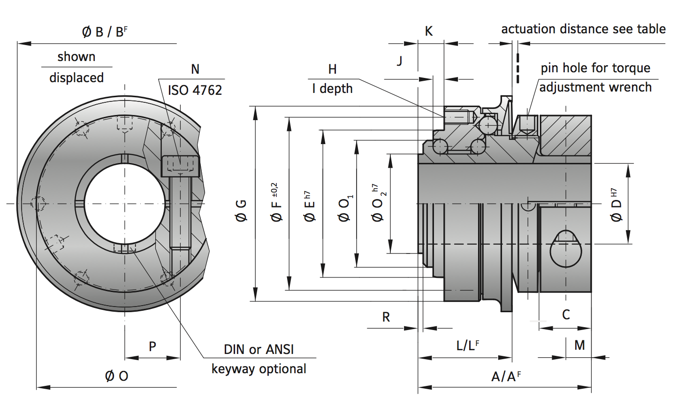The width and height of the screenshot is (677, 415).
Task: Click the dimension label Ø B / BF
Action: [x=104, y=32]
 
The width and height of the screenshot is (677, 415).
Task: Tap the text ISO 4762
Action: [x=195, y=90]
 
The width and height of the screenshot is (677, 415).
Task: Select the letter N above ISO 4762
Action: [x=195, y=69]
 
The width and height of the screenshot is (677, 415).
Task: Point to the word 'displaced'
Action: [x=76, y=77]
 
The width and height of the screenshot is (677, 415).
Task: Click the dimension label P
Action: [x=152, y=346]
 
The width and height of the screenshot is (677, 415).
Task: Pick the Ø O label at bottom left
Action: [x=116, y=376]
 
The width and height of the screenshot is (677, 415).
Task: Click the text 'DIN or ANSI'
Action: [x=259, y=349]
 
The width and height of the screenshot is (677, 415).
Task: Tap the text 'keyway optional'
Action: [x=259, y=369]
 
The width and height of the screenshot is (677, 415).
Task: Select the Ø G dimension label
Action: [x=241, y=210]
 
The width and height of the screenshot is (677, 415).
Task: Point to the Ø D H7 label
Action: [x=616, y=205]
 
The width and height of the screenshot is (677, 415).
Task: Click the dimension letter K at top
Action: [x=428, y=31]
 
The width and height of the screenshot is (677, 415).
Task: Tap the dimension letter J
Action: [x=399, y=61]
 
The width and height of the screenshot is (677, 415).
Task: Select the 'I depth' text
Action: [x=332, y=89]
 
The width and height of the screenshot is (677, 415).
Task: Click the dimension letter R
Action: [x=386, y=317]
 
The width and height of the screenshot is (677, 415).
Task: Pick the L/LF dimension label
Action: [x=467, y=346]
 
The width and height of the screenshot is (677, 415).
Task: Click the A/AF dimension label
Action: [x=506, y=377]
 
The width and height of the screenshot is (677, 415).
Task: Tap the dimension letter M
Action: [x=579, y=346]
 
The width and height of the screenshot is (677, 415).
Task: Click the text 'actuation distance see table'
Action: [x=583, y=29]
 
